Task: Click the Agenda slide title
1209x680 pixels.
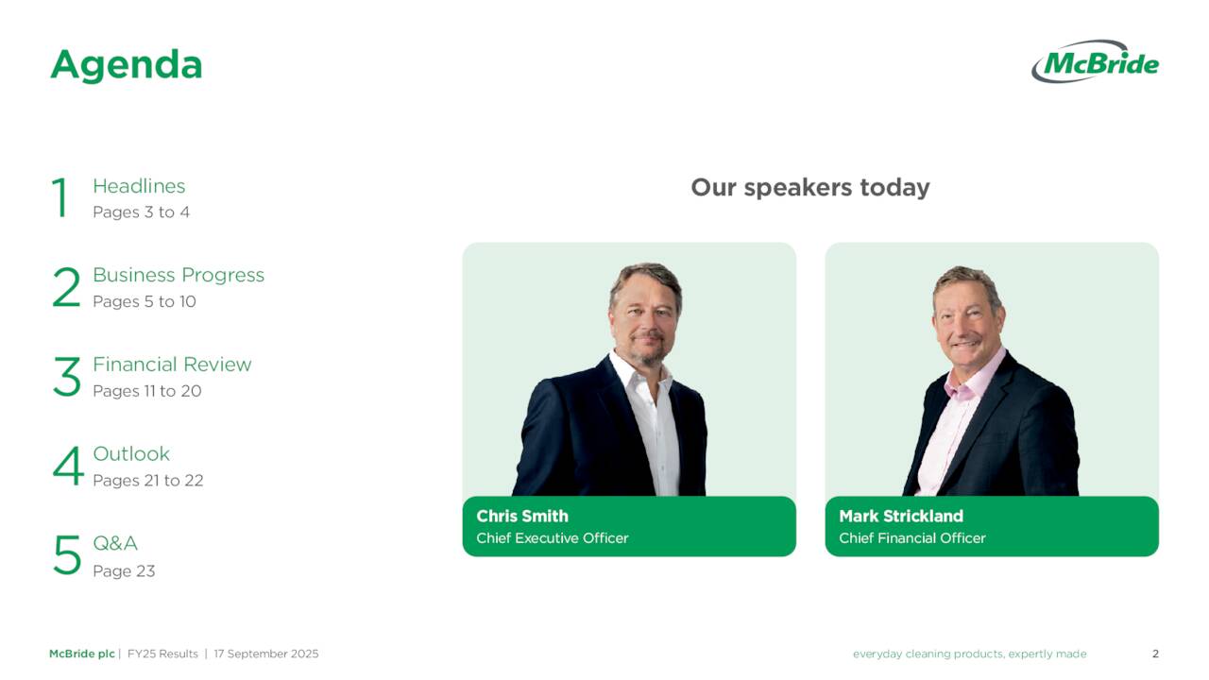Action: point(126,65)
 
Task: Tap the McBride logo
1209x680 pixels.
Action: point(1095,62)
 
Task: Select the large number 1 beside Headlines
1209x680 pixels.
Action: point(60,198)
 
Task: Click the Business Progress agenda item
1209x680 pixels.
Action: point(179,275)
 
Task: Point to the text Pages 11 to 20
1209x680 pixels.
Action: point(146,391)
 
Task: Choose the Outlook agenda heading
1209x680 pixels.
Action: point(131,453)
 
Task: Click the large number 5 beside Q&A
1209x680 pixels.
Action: point(67,555)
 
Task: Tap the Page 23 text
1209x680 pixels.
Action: point(124,570)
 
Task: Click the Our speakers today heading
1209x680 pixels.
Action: point(810,187)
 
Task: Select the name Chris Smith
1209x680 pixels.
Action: point(522,516)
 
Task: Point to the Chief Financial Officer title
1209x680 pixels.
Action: point(911,538)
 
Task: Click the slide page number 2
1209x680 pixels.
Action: point(1155,654)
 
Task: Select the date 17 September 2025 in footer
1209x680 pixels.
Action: point(266,654)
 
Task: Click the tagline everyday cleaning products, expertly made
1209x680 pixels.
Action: point(969,654)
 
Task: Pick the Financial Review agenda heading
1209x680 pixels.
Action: point(172,365)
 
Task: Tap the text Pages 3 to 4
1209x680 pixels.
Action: point(141,212)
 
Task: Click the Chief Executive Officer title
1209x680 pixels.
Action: point(552,538)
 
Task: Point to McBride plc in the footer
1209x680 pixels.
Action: point(81,654)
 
